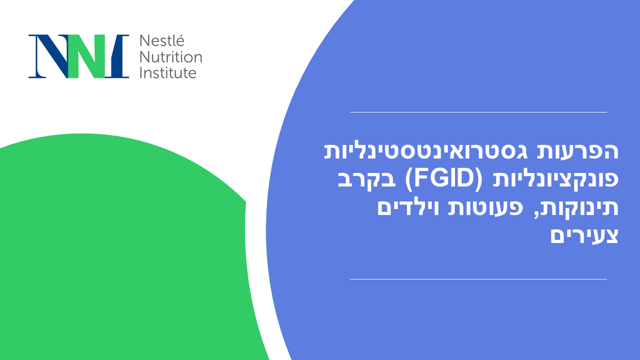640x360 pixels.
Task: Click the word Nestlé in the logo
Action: coord(161,40)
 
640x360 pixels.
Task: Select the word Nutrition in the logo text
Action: coord(171,57)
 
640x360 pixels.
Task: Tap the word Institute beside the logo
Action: coord(168,73)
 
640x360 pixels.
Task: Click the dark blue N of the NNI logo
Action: coord(48,56)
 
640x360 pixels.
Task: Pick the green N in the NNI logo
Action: coord(86,56)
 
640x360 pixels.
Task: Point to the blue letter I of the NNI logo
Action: coord(117,56)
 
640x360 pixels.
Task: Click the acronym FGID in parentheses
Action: coord(444,179)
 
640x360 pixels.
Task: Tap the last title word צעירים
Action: coord(584,236)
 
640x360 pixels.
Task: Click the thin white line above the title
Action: coord(478,112)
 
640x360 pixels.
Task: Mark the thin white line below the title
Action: coord(478,279)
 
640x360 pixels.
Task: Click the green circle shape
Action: coord(114,251)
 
